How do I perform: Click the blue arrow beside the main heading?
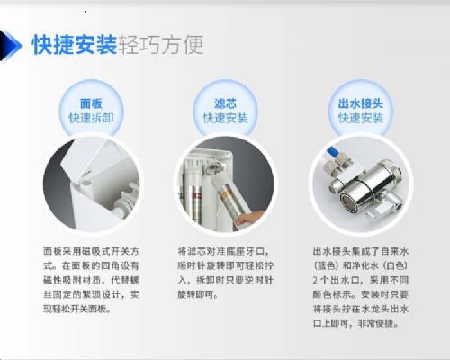[12, 46]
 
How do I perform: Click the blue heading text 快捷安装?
[75, 45]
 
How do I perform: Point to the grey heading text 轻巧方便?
[161, 45]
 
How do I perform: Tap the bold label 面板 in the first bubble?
[91, 103]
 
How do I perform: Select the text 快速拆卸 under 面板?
[91, 118]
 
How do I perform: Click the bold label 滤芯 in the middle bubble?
[226, 103]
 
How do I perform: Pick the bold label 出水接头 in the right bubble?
[361, 103]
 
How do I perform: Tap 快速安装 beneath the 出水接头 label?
[361, 118]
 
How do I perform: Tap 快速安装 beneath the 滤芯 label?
[226, 118]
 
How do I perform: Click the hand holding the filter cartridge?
[250, 218]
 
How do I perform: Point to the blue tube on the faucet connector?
[332, 153]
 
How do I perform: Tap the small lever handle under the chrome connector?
[378, 212]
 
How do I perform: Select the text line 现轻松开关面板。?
[77, 309]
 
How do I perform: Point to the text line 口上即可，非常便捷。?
[356, 323]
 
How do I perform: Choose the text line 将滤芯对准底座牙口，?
[224, 251]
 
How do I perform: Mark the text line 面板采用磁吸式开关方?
[91, 251]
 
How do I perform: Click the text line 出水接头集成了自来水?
[361, 251]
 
